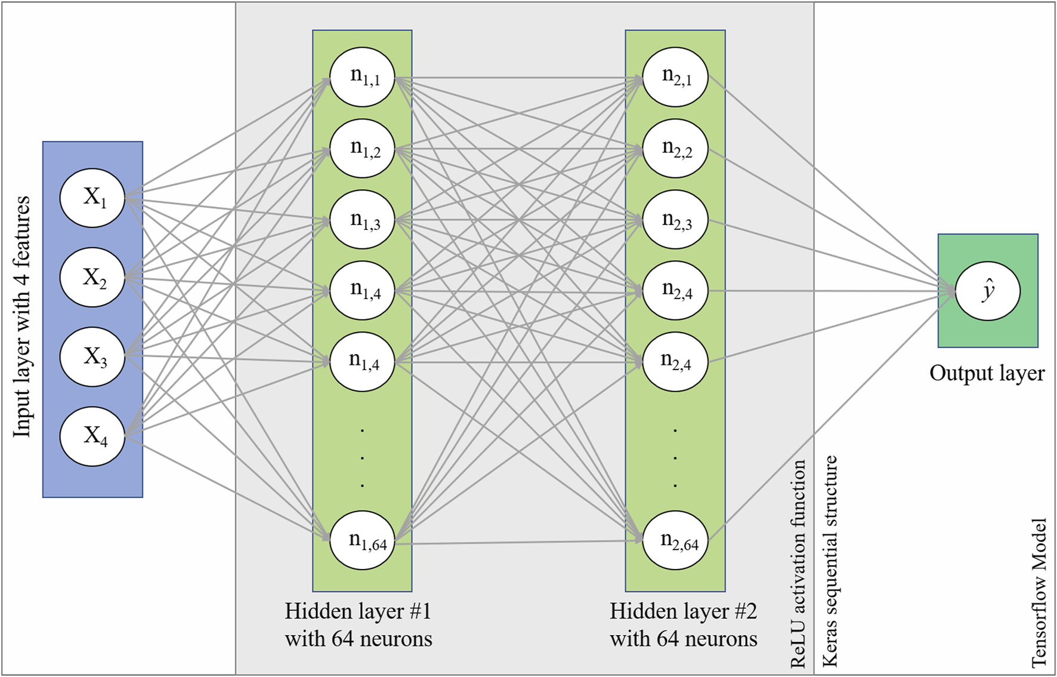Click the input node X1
point(92,198)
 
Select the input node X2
point(92,278)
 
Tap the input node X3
point(92,357)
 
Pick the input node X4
point(92,436)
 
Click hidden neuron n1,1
point(363,77)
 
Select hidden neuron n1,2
point(363,149)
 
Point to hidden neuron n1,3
point(363,220)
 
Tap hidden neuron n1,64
point(363,540)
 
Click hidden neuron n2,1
point(675,77)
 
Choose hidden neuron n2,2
point(675,149)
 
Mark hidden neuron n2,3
point(675,220)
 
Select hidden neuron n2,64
point(675,540)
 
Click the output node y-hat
point(988,291)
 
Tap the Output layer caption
point(987,374)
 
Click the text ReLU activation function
point(798,564)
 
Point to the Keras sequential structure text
point(830,561)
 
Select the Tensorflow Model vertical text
point(1039,593)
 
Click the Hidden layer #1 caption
point(358,625)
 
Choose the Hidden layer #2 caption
point(683,625)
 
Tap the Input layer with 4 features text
point(22,316)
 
